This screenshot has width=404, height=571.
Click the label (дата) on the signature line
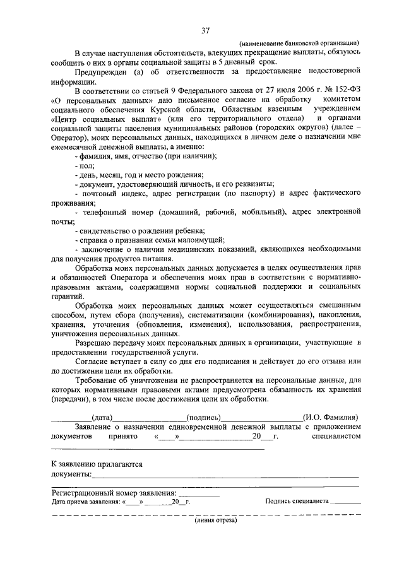coord(102,417)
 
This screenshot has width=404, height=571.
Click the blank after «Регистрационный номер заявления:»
coord(199,493)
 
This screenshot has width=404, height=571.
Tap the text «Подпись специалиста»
coord(297,502)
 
